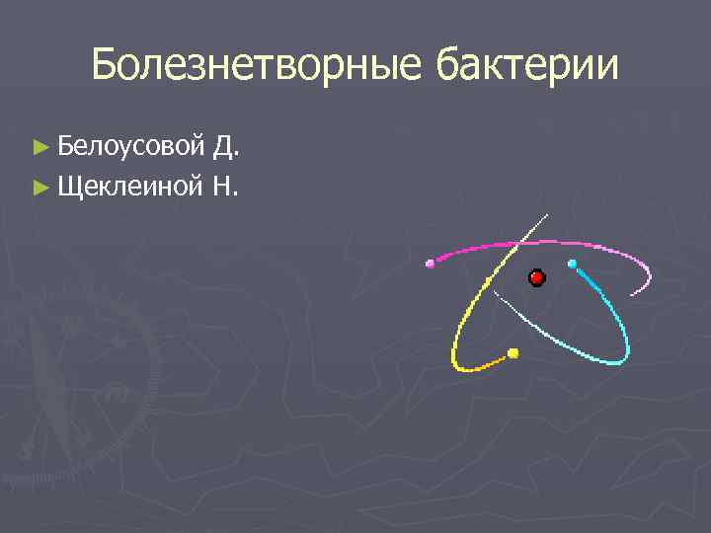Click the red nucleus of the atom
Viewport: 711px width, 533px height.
click(537, 278)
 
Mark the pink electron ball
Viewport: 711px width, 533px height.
click(430, 264)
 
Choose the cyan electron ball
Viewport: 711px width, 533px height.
click(572, 264)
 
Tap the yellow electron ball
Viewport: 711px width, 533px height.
click(513, 352)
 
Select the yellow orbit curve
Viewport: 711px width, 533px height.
click(460, 336)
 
